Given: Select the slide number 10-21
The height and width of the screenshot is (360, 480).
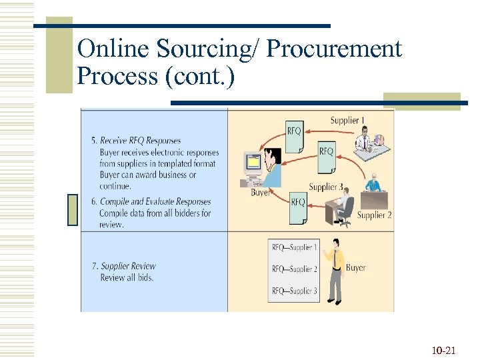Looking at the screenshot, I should pyautogui.click(x=443, y=349).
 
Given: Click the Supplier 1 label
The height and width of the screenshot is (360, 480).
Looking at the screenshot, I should pyautogui.click(x=348, y=120).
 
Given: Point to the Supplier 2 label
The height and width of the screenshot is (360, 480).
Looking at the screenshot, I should pyautogui.click(x=374, y=215).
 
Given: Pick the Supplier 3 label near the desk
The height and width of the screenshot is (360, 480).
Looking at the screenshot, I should pyautogui.click(x=326, y=187).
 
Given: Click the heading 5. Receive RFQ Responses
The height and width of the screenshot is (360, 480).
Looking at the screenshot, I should pyautogui.click(x=136, y=141).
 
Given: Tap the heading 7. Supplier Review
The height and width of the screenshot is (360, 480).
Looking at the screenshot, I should pyautogui.click(x=124, y=266).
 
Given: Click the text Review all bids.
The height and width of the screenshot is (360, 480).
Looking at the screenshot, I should pyautogui.click(x=127, y=277).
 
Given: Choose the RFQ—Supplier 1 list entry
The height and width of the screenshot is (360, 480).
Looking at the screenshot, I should pyautogui.click(x=295, y=247).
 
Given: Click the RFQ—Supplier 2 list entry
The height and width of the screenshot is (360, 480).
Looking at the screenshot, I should pyautogui.click(x=295, y=269).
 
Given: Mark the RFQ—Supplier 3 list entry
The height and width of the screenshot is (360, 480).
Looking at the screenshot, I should pyautogui.click(x=295, y=291).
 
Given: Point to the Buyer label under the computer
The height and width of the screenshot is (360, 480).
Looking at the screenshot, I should pyautogui.click(x=260, y=192).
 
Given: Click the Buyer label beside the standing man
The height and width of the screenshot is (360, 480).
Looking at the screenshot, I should pyautogui.click(x=356, y=267).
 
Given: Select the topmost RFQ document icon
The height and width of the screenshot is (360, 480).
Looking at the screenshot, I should pyautogui.click(x=295, y=133).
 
